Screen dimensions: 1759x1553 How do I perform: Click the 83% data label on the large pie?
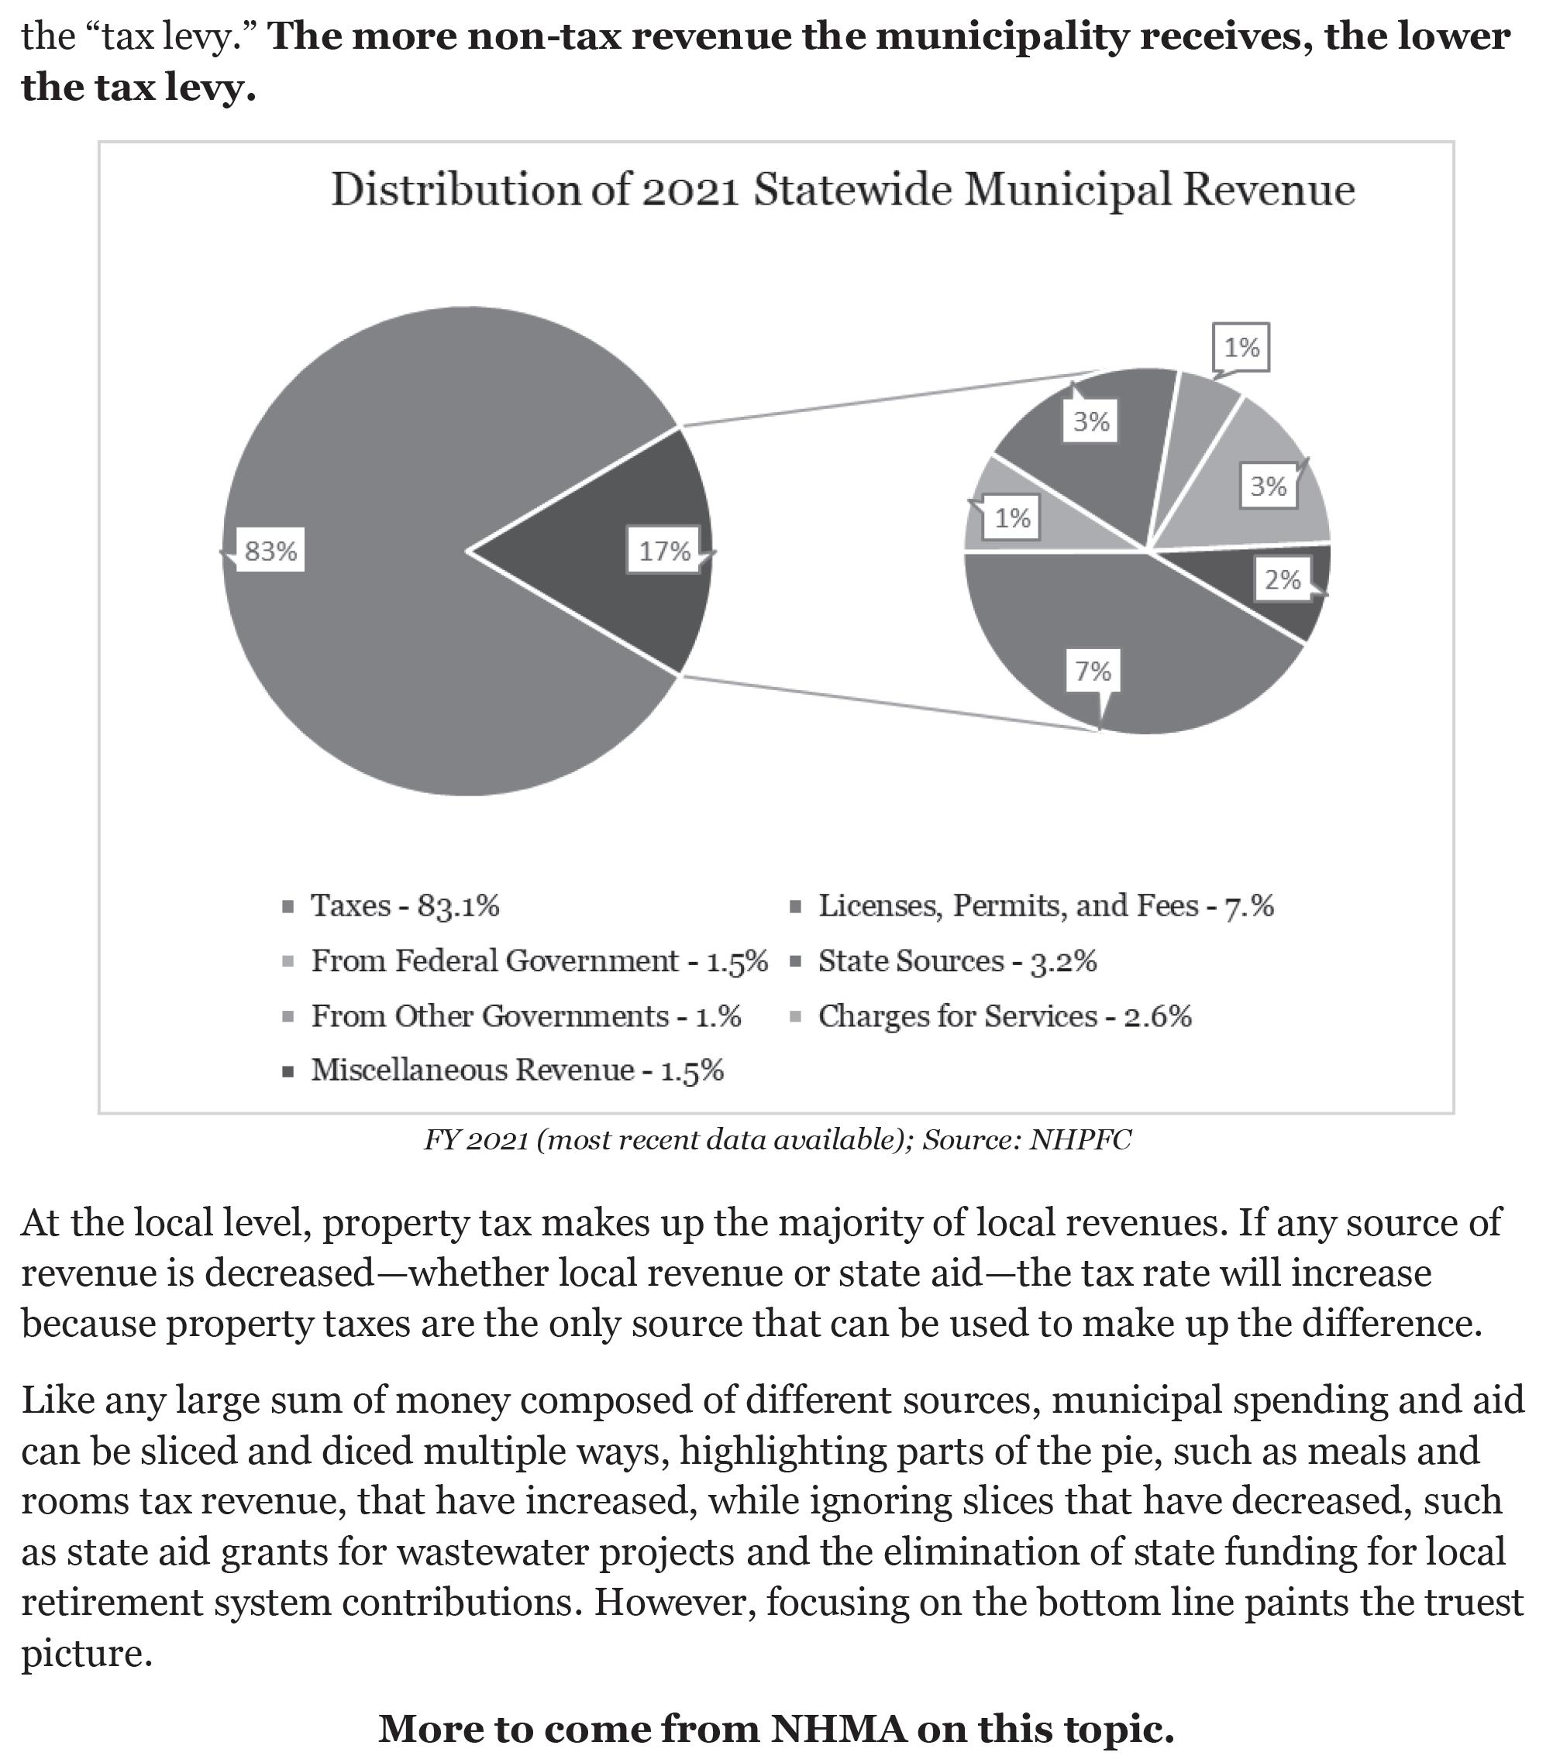pyautogui.click(x=270, y=551)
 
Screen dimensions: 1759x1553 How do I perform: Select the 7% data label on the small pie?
pyautogui.click(x=1093, y=671)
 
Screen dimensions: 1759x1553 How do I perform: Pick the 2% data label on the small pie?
pyautogui.click(x=1282, y=579)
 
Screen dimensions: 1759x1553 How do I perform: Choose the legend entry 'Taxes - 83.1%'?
pyautogui.click(x=405, y=906)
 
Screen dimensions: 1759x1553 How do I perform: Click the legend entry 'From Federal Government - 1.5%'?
pyautogui.click(x=539, y=961)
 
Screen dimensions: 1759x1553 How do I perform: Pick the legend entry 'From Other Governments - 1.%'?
pyautogui.click(x=526, y=1016)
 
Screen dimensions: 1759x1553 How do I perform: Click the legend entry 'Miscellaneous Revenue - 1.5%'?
pyautogui.click(x=518, y=1070)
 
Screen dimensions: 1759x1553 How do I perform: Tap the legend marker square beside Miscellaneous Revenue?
pyautogui.click(x=288, y=1072)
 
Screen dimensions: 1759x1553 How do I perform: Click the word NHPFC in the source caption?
pyautogui.click(x=1080, y=1140)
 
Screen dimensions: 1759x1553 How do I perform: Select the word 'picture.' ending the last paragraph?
pyautogui.click(x=86, y=1653)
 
